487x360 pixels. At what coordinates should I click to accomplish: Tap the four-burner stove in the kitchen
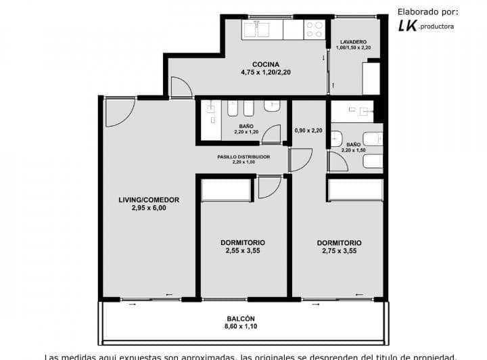click(x=315, y=29)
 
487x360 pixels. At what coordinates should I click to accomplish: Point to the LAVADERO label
click(x=353, y=41)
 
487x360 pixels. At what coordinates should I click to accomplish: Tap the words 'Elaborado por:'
click(x=427, y=11)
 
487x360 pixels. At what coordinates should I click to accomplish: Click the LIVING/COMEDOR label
click(x=149, y=200)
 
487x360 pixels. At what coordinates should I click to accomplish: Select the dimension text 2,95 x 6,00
click(x=149, y=208)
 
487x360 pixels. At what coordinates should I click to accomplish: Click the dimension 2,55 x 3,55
click(x=243, y=250)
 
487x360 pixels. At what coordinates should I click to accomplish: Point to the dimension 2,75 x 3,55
click(x=339, y=250)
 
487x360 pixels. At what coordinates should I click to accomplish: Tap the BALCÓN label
click(x=241, y=319)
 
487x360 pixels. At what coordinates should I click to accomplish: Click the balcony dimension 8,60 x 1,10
click(x=241, y=328)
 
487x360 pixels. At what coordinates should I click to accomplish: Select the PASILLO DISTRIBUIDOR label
click(x=243, y=156)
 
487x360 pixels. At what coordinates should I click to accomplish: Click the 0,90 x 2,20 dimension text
click(x=308, y=131)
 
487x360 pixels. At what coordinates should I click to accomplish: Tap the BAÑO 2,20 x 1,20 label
click(x=245, y=129)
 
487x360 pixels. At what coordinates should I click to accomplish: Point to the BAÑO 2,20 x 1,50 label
click(x=353, y=147)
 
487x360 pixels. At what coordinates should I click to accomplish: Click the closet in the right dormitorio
click(x=355, y=190)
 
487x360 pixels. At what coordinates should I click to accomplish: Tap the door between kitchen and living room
click(x=180, y=87)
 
